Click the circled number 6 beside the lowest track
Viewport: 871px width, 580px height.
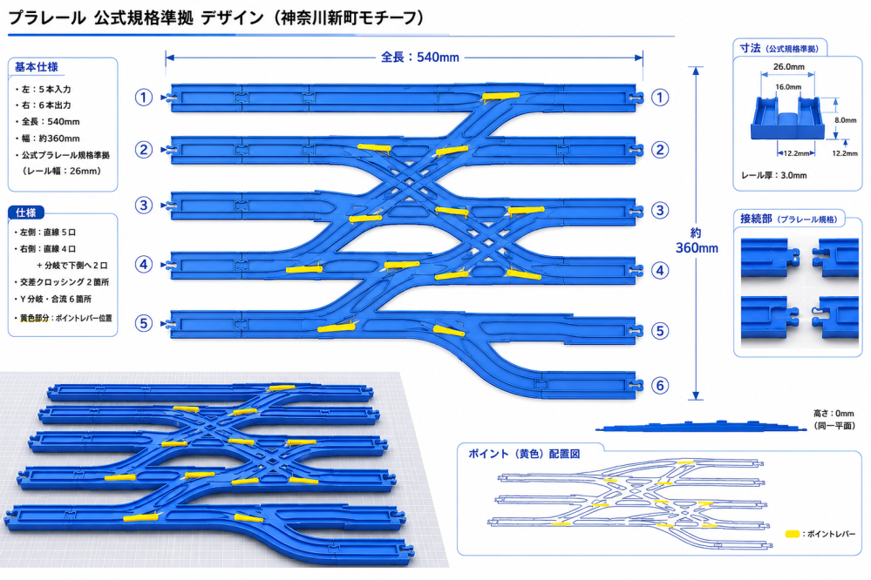click(x=659, y=385)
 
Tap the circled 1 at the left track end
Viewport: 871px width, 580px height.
click(x=144, y=98)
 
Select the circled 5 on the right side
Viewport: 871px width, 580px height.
click(x=659, y=331)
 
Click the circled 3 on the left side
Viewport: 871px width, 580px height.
click(x=144, y=206)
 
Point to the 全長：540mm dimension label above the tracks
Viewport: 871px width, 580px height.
click(x=420, y=57)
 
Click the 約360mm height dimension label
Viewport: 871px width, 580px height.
click(x=697, y=240)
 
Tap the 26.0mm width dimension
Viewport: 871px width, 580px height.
click(x=789, y=66)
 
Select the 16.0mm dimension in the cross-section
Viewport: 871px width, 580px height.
click(x=788, y=86)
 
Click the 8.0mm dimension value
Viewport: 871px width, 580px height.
click(x=846, y=120)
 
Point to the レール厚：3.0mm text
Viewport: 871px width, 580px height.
click(x=774, y=175)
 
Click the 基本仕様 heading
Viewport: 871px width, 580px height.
click(x=36, y=67)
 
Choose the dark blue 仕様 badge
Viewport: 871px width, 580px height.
click(x=25, y=212)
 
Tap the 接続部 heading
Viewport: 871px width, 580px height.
click(x=756, y=219)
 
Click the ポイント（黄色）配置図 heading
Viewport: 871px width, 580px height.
click(x=524, y=454)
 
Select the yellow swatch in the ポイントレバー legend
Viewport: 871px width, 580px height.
click(x=793, y=534)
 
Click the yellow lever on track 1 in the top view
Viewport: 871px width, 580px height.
click(x=500, y=96)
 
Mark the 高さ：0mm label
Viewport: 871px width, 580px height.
click(x=834, y=414)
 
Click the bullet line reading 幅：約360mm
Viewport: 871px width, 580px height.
click(x=50, y=138)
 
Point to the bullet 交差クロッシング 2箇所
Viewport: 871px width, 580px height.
click(x=62, y=282)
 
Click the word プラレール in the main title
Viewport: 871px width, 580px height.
click(x=47, y=18)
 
